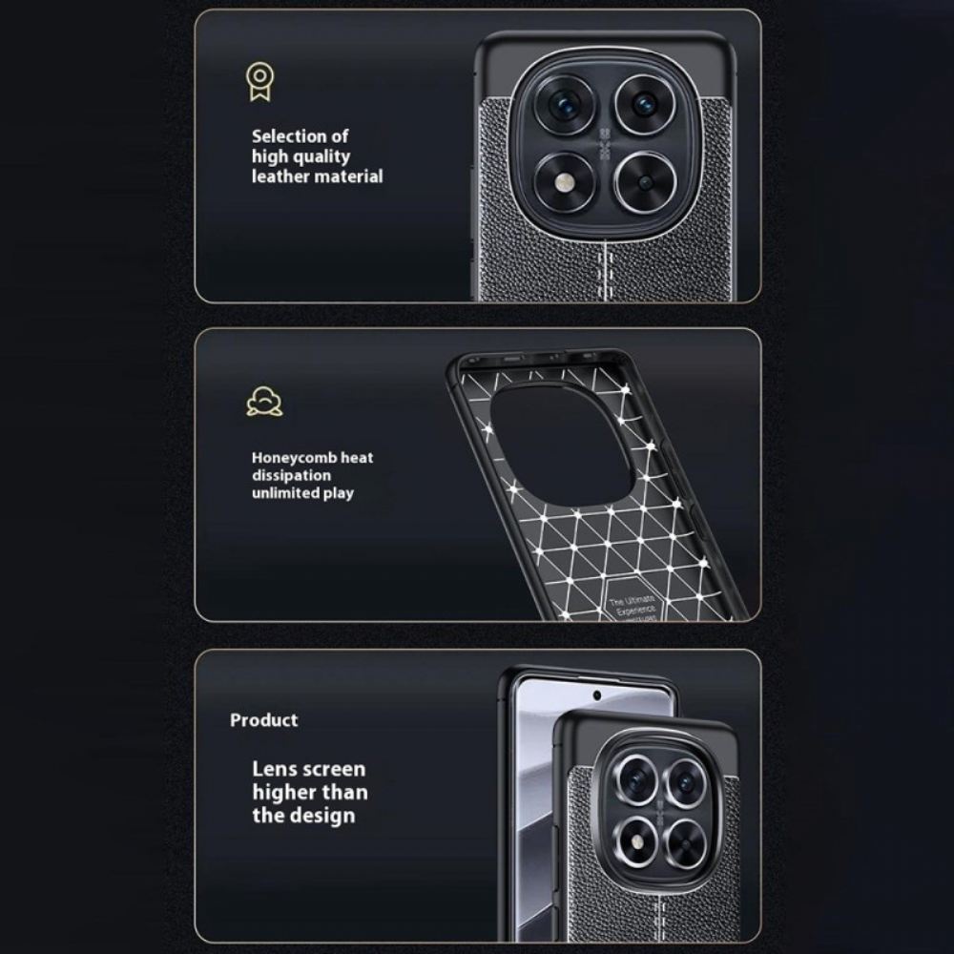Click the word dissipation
pos(292,475)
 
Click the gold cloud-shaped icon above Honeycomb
pos(264,402)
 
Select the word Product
pos(263,720)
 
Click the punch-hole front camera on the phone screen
pos(597,695)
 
